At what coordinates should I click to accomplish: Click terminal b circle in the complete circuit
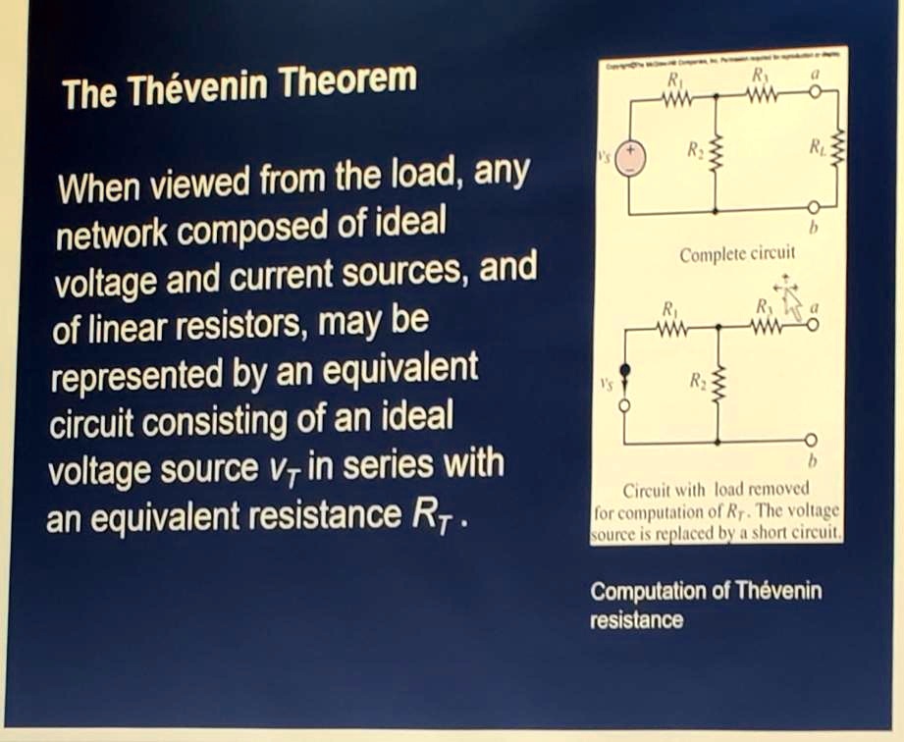[814, 208]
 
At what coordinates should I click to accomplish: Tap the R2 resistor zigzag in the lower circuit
[718, 386]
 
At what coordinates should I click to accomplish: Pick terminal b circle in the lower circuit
[813, 442]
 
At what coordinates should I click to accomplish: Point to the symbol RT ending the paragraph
[431, 514]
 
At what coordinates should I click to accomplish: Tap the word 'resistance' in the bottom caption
[636, 619]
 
